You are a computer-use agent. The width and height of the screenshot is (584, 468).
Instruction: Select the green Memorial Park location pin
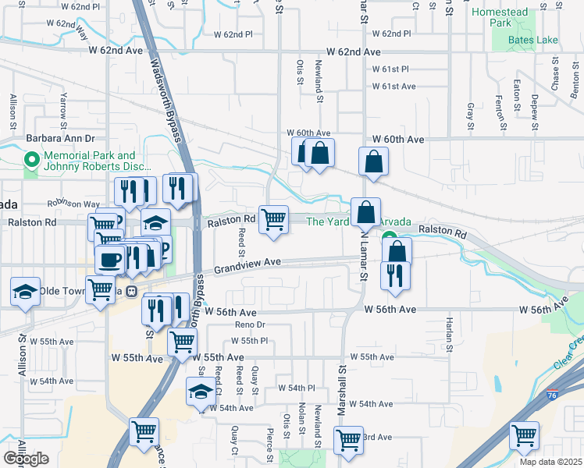click(32, 161)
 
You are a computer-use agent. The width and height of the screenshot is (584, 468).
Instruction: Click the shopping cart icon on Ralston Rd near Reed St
click(273, 219)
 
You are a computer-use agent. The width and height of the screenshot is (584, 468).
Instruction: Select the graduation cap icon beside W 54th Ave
click(201, 391)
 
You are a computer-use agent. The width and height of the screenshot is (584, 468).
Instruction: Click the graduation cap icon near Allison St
click(25, 292)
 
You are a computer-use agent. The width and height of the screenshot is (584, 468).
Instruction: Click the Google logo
click(26, 459)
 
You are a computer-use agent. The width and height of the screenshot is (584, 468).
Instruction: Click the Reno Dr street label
click(251, 324)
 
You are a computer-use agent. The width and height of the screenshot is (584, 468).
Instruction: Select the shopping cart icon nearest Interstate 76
click(524, 434)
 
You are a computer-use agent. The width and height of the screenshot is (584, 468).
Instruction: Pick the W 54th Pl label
click(296, 388)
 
